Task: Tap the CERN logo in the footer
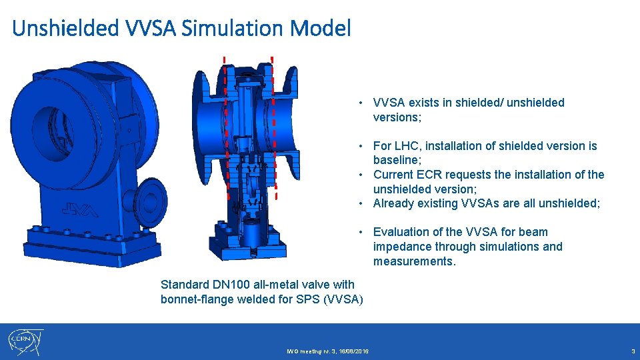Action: point(25,342)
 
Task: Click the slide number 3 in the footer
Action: point(633,351)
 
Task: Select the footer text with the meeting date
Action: point(328,351)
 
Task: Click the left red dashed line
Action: point(226,127)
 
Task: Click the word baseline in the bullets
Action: point(397,161)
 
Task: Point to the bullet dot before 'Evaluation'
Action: point(359,232)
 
